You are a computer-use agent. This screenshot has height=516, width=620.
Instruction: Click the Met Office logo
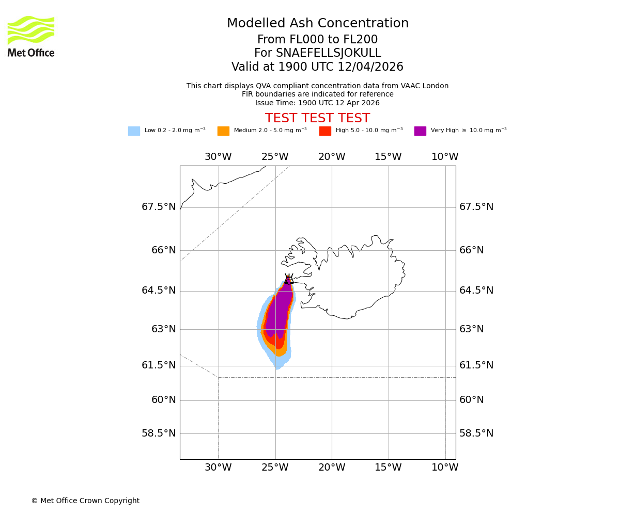click(31, 36)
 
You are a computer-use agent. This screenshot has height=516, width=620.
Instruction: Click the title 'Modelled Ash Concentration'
click(317, 24)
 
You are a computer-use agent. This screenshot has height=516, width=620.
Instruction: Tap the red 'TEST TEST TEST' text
click(317, 118)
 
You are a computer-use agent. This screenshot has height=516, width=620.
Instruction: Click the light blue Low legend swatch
click(134, 131)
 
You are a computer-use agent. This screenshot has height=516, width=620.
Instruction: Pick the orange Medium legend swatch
click(223, 131)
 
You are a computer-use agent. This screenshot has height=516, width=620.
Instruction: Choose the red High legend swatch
click(325, 131)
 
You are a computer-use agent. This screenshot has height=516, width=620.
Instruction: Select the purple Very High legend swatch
click(420, 131)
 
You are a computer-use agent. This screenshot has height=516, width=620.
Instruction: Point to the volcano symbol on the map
click(288, 279)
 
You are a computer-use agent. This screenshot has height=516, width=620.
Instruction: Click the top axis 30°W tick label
click(218, 157)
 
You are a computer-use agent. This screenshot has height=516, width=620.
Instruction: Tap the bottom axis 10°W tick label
click(445, 467)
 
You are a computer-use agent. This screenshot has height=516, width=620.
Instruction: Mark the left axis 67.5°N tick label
click(159, 207)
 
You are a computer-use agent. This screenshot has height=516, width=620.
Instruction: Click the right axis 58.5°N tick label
click(476, 433)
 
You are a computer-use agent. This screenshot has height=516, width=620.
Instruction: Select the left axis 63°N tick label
click(163, 329)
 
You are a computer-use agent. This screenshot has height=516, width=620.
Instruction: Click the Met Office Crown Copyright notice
click(85, 501)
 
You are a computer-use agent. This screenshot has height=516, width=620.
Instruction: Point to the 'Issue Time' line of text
click(317, 103)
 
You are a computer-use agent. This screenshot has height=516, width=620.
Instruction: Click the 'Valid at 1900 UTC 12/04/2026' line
click(317, 67)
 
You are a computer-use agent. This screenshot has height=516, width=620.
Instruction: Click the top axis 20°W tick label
click(332, 157)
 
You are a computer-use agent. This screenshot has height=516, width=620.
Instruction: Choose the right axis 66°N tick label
click(472, 250)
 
